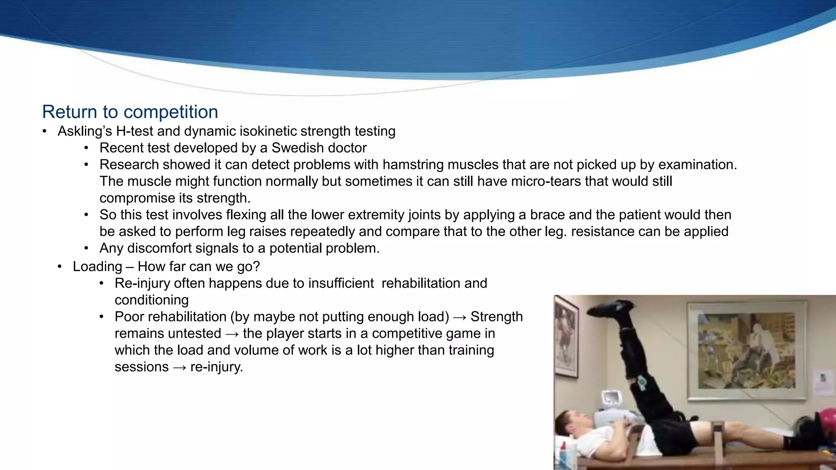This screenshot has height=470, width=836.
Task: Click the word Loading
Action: pyautogui.click(x=97, y=267)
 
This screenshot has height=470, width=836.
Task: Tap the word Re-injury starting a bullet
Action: pyautogui.click(x=142, y=283)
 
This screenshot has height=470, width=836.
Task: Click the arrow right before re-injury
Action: pyautogui.click(x=180, y=367)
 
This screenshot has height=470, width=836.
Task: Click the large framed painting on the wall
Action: pyautogui.click(x=747, y=350)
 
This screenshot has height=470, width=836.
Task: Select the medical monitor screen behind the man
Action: pyautogui.click(x=611, y=397)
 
